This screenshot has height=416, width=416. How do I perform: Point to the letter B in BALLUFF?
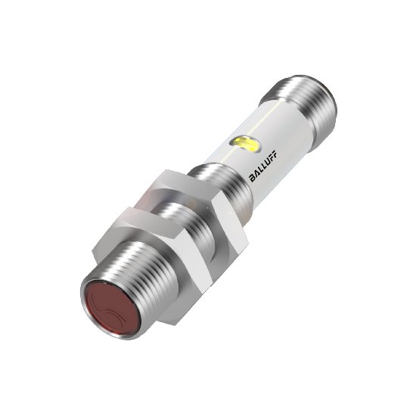point(252,179)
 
